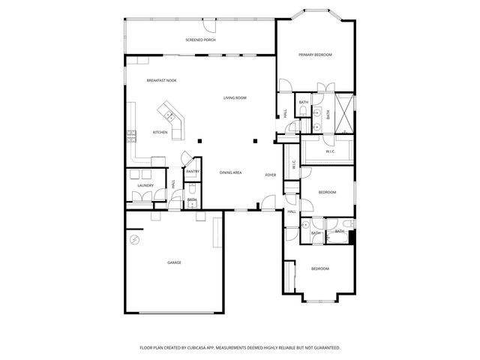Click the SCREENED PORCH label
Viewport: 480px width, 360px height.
[x=200, y=39]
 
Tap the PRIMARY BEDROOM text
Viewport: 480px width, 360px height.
[x=315, y=55]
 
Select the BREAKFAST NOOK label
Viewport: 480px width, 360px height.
[x=161, y=80]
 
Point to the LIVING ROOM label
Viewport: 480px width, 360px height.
[x=235, y=98]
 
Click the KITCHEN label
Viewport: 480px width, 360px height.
[x=160, y=133]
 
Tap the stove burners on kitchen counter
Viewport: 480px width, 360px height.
[x=131, y=136]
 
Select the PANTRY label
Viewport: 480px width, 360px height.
[x=192, y=172]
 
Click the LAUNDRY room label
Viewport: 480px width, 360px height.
[x=145, y=185]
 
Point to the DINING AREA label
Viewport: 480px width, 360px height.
[x=230, y=173]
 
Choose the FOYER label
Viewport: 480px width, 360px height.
[x=271, y=175]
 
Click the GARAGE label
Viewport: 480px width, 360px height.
[x=174, y=262]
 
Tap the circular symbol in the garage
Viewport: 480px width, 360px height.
[x=135, y=240]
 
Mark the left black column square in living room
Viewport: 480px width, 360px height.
[x=199, y=141]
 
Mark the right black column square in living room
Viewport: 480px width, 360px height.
[x=255, y=141]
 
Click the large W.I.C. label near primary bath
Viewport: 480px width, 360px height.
[x=330, y=152]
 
